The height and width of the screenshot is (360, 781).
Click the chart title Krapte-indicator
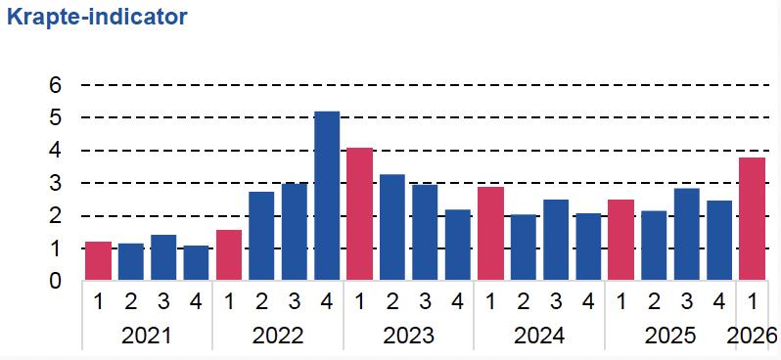[x=97, y=17]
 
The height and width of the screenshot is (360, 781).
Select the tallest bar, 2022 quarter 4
[x=327, y=196]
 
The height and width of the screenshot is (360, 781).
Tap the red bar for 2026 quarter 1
[x=752, y=219]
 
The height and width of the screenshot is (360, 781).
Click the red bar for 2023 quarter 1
[x=359, y=214]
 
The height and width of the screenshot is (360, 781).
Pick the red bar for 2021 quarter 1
[x=98, y=261]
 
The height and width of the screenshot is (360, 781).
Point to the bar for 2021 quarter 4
[x=197, y=263]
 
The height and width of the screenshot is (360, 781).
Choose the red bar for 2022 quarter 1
[x=229, y=255]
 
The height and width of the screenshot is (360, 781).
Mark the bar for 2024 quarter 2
[x=524, y=247]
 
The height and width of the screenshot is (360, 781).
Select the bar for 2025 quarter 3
[x=687, y=235]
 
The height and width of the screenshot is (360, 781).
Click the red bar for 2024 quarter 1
[x=490, y=234]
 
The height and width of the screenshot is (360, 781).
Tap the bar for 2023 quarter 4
[x=458, y=245]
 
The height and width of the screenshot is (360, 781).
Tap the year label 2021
[x=147, y=337]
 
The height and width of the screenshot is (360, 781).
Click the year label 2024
[x=539, y=337]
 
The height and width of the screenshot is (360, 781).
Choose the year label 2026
[x=752, y=337]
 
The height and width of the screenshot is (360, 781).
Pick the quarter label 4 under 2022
[x=327, y=302]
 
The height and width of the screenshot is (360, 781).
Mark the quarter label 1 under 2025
[x=621, y=302]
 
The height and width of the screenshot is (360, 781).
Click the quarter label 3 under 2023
[x=425, y=302]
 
